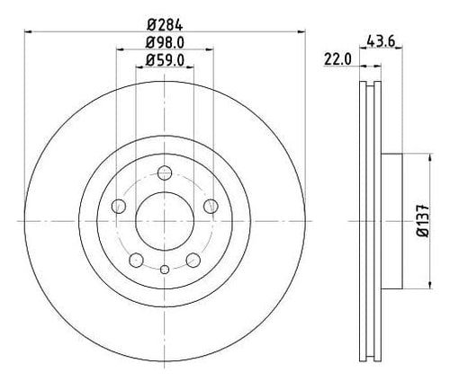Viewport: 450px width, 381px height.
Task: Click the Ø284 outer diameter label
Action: (x=165, y=24)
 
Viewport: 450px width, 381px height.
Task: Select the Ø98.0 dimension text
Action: (x=165, y=43)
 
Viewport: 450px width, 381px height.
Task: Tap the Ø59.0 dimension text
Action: (x=165, y=61)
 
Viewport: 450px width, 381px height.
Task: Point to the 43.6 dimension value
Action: (x=381, y=41)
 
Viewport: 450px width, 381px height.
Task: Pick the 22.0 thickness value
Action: (x=337, y=59)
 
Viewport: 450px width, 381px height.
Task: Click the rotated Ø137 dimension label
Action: (x=423, y=221)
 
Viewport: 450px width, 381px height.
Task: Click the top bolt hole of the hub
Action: (x=165, y=173)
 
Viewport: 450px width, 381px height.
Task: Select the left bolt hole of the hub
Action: (x=119, y=206)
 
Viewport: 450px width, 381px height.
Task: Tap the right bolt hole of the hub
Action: (x=211, y=206)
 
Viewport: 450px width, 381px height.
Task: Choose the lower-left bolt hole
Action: (x=136, y=260)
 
